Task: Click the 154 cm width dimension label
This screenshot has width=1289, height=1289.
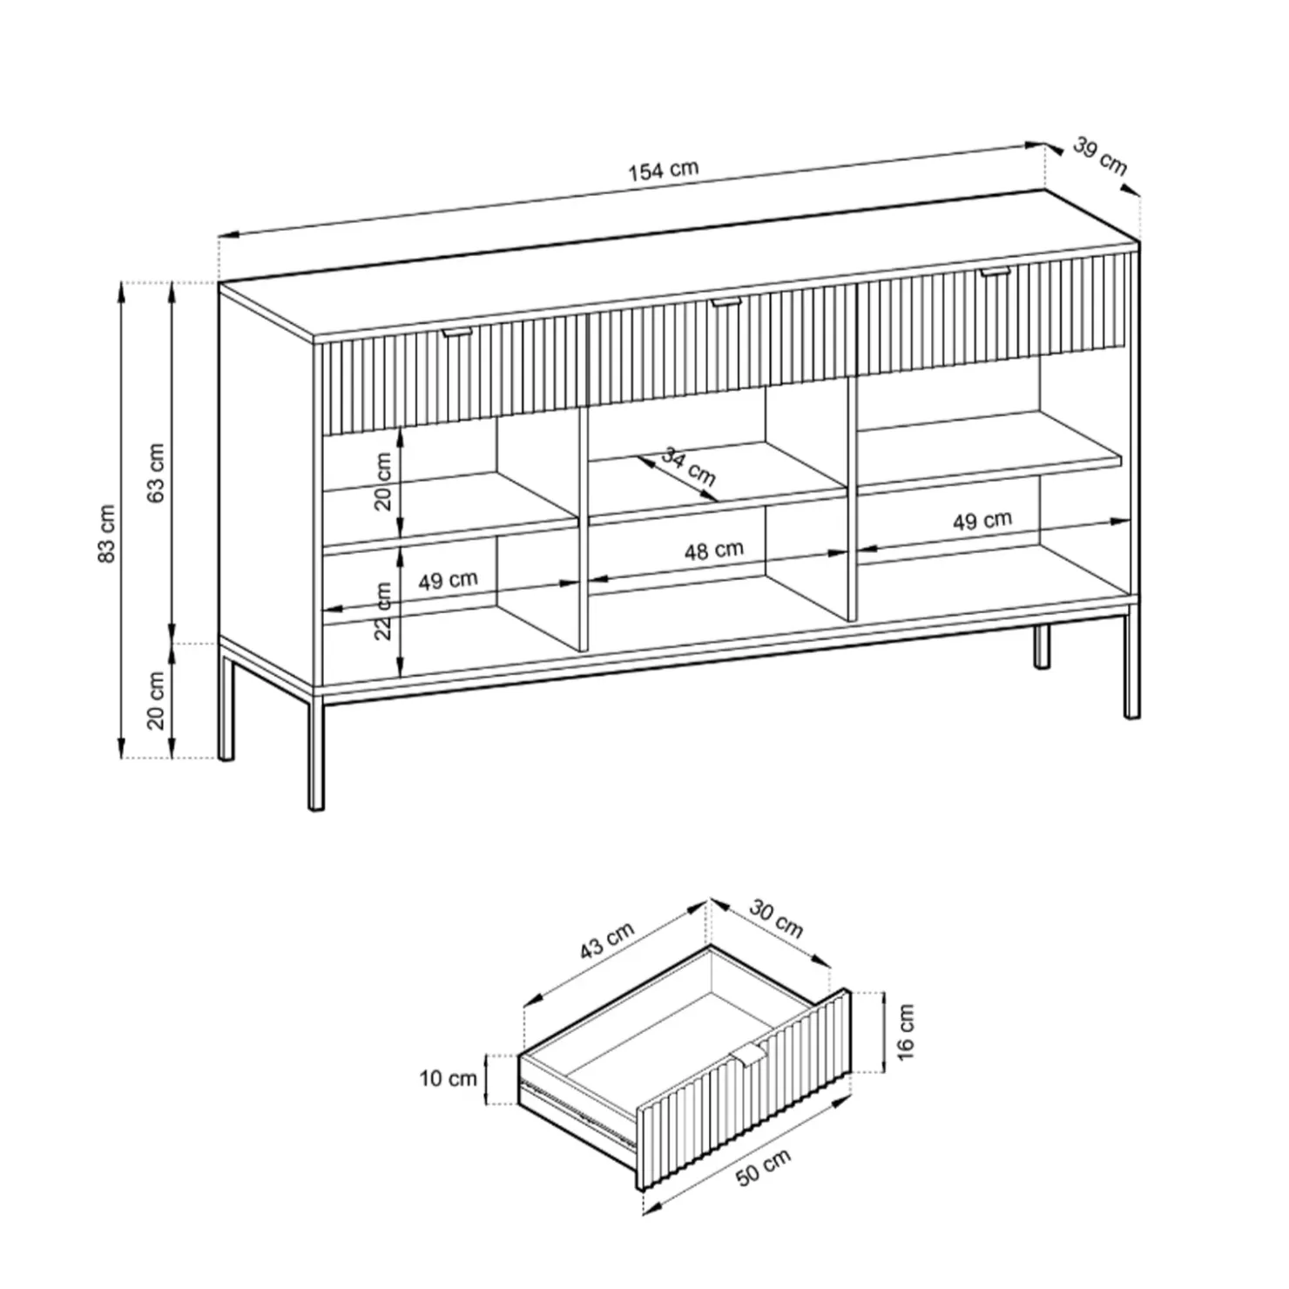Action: [x=664, y=170]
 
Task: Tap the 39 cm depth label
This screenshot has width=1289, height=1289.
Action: [x=1099, y=155]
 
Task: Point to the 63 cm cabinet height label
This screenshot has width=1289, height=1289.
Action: [x=157, y=473]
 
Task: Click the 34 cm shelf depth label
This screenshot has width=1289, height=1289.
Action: [x=689, y=467]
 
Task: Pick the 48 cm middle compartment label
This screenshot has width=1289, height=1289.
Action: [x=713, y=550]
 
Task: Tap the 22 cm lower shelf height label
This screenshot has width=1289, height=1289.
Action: [x=383, y=611]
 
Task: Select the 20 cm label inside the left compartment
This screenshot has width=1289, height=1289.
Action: [x=383, y=481]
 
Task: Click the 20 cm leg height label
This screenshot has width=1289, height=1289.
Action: [x=157, y=700]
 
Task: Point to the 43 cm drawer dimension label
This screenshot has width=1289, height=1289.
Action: [x=607, y=941]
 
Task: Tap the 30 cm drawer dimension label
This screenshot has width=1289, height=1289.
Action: [x=776, y=921]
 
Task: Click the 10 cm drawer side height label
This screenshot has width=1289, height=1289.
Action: [x=449, y=1078]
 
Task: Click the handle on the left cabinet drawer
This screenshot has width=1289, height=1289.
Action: [x=456, y=333]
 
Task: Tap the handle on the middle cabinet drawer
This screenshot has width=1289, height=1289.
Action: [x=724, y=302]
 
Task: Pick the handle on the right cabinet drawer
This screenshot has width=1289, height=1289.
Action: [x=994, y=273]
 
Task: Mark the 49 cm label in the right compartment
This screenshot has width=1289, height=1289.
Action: [x=982, y=521]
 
